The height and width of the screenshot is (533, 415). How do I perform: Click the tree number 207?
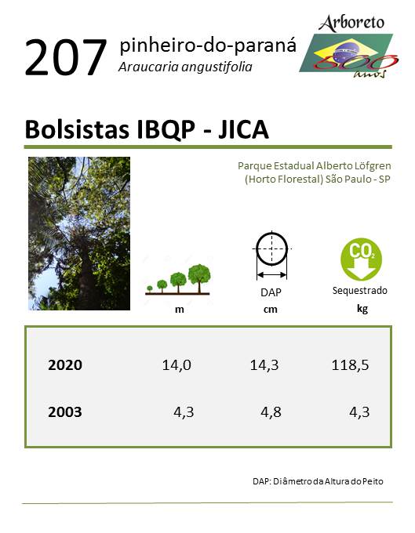(x=66, y=57)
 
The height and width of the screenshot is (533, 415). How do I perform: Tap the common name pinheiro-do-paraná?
(x=208, y=45)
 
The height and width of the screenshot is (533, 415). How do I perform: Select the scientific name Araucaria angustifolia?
(x=185, y=67)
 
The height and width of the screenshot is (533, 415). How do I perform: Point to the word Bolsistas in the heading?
(x=77, y=129)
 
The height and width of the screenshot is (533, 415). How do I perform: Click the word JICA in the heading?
(x=243, y=129)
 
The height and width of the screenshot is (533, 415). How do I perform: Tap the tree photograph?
(x=79, y=234)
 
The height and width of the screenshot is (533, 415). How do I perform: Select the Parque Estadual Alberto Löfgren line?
(x=315, y=166)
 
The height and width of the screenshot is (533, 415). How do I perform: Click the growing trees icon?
(x=177, y=279)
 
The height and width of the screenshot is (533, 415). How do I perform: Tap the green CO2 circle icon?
(x=361, y=259)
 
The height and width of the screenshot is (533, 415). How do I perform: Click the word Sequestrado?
(x=359, y=291)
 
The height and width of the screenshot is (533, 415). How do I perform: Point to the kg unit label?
(x=362, y=309)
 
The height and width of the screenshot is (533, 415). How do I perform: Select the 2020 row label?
(x=65, y=365)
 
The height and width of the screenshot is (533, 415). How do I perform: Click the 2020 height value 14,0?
(x=177, y=365)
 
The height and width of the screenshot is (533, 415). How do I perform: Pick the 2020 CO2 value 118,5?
(x=350, y=365)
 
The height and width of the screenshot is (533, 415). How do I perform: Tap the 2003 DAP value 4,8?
(x=271, y=412)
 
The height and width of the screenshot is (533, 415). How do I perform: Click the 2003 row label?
(x=65, y=412)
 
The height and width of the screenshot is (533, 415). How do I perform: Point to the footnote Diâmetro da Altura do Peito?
(x=328, y=481)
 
